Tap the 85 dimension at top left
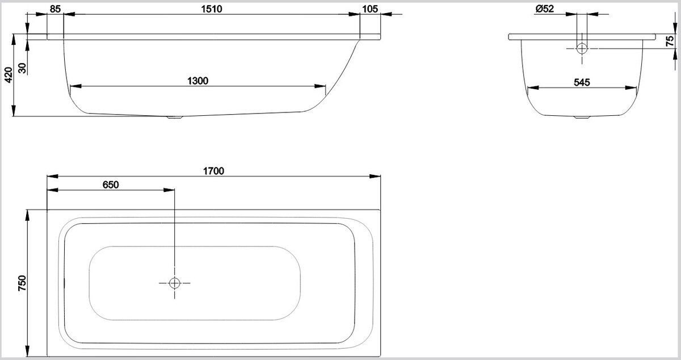click(x=55, y=9)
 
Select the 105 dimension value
click(x=369, y=9)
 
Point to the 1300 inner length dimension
click(x=197, y=81)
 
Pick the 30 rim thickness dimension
click(x=22, y=67)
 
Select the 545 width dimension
click(x=582, y=82)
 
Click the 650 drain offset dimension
click(x=111, y=185)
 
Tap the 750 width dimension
click(x=22, y=282)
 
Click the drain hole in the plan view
click(x=174, y=282)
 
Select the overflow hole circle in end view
click(x=582, y=48)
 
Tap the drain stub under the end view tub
click(x=582, y=118)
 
